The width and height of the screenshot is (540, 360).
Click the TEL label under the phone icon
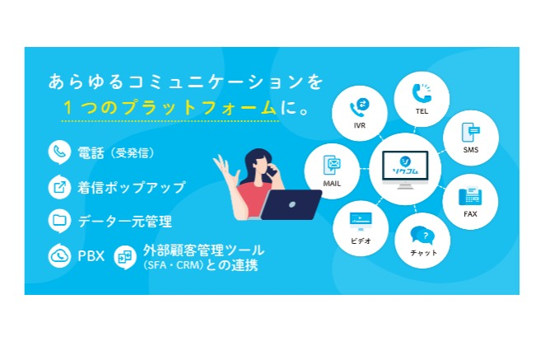click(x=421, y=111)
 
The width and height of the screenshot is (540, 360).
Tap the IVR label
click(x=360, y=125)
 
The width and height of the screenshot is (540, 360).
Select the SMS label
click(x=471, y=150)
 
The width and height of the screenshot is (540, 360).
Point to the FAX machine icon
click(x=470, y=196)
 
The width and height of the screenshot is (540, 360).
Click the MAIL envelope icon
click(x=332, y=165)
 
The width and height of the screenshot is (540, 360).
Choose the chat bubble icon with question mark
click(x=422, y=236)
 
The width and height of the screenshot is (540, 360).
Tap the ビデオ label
click(x=361, y=241)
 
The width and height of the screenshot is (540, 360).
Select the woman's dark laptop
click(x=291, y=204)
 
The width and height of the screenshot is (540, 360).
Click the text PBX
click(x=91, y=256)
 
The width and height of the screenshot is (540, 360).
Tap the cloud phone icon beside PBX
click(x=59, y=255)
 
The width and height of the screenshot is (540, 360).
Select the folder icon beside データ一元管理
click(x=59, y=221)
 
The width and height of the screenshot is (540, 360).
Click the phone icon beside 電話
click(x=59, y=152)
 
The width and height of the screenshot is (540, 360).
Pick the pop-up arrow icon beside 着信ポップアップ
click(x=59, y=187)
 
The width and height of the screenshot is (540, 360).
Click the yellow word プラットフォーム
click(x=200, y=108)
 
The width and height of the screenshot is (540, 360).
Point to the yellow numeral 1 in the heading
click(x=67, y=108)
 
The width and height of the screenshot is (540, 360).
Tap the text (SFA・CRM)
click(x=173, y=265)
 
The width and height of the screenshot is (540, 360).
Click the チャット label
click(x=424, y=253)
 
